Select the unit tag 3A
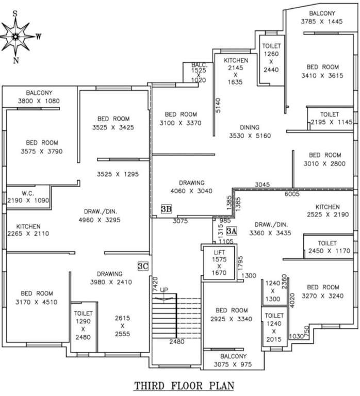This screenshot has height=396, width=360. pos(232,231)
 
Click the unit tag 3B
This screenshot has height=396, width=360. pos(166,209)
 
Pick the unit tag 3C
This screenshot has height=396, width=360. pos(143,266)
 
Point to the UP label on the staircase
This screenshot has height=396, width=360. pos(164,289)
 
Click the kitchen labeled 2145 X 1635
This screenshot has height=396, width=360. pos(235,71)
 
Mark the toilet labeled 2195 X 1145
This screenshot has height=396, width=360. pos(330,119)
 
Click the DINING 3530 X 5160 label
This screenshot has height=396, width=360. pos(250,132)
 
